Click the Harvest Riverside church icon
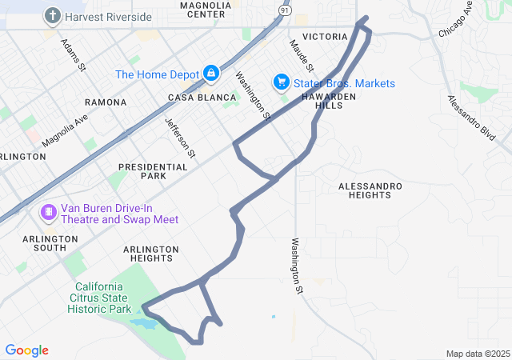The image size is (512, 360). [x=53, y=15]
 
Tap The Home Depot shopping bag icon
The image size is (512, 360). [x=210, y=74]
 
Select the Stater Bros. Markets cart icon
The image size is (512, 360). [x=281, y=82]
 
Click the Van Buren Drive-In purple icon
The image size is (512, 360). [x=49, y=212]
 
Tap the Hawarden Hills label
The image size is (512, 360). [x=328, y=100]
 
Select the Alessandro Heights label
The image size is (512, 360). [x=370, y=190]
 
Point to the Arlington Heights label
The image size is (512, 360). [x=151, y=254]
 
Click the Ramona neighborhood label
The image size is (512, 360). [x=106, y=102]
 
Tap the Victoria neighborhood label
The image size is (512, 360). [x=326, y=37]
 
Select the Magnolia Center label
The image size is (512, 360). [x=206, y=9]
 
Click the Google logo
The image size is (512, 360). [x=26, y=350]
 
